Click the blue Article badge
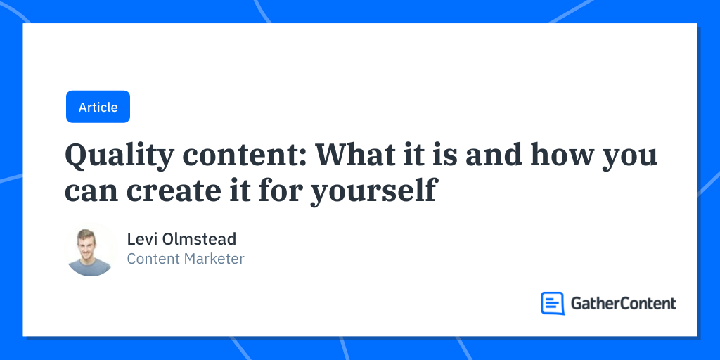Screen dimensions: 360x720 98,107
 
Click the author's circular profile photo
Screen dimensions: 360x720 90,251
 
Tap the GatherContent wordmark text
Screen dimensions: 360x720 623,303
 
